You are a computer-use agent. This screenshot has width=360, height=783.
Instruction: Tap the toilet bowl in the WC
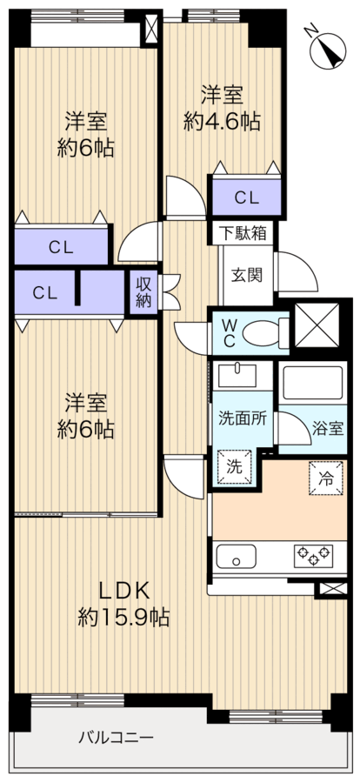click(x=263, y=332)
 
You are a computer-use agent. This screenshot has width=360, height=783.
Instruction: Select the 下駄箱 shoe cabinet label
click(x=244, y=232)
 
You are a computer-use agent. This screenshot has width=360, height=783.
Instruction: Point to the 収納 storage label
click(x=143, y=292)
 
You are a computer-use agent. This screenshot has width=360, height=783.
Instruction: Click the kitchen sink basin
click(x=237, y=556)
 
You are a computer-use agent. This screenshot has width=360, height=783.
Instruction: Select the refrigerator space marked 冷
click(x=326, y=479)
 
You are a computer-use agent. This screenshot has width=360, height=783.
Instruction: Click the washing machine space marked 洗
click(x=234, y=467)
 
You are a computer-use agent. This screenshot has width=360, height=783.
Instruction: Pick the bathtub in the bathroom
click(x=312, y=383)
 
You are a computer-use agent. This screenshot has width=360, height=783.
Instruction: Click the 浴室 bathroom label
click(x=328, y=428)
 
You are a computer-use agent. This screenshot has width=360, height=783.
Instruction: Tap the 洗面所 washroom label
click(x=242, y=418)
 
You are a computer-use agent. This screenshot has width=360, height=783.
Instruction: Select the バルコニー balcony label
click(x=116, y=737)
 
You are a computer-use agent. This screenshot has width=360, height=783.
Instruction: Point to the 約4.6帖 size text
click(x=222, y=121)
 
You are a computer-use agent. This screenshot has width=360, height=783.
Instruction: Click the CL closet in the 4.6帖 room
click(x=247, y=197)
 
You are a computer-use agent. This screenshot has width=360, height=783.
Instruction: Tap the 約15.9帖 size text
click(x=123, y=619)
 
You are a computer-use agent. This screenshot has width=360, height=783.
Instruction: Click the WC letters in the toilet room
click(x=230, y=333)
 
